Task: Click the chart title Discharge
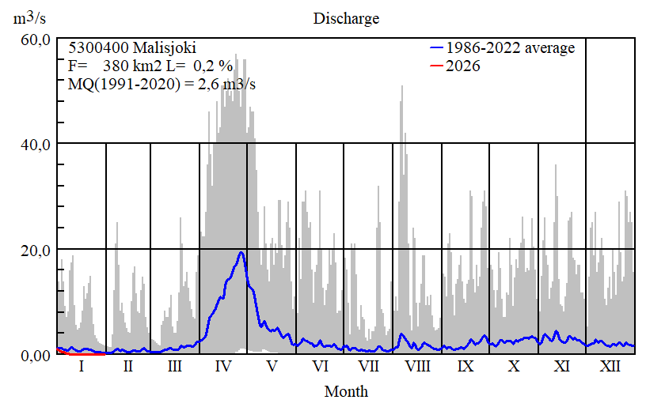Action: (x=346, y=18)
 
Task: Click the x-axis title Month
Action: (x=346, y=391)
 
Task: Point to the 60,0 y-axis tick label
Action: (x=35, y=40)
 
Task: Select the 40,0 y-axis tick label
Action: (x=35, y=144)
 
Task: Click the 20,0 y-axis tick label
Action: (x=35, y=250)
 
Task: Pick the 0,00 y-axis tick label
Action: (x=35, y=356)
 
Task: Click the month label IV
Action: (x=223, y=367)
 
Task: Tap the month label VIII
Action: (x=416, y=367)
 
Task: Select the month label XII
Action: (x=610, y=367)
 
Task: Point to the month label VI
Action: (x=320, y=367)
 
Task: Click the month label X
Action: (x=514, y=367)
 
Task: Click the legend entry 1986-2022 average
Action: (x=510, y=48)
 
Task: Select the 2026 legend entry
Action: (x=463, y=66)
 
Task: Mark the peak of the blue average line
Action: (x=241, y=253)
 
